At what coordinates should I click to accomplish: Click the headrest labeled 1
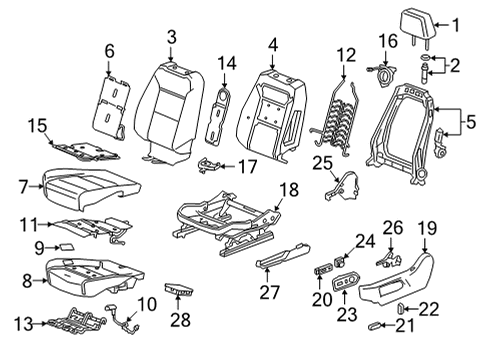point(417,25)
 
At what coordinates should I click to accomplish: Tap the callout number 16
point(388,41)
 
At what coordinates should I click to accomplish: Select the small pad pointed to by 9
point(67,247)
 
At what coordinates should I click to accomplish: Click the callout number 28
point(180,319)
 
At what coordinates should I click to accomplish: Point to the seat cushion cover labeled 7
point(90,189)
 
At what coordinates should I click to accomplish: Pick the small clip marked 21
point(374,326)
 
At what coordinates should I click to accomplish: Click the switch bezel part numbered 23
point(346,282)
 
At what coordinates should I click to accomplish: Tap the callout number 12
point(346,55)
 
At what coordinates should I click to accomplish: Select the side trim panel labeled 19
point(397,280)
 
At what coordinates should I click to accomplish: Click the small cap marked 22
point(401,309)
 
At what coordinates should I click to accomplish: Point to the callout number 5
point(471,122)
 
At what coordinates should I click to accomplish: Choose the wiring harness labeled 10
point(122,319)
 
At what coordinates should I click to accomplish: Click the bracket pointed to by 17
point(209,165)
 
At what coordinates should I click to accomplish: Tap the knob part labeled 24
point(339,261)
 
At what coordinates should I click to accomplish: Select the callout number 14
point(227,63)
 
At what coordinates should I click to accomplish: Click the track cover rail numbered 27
point(283,256)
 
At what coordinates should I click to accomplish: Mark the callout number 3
point(171,38)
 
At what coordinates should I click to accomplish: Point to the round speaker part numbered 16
point(384,76)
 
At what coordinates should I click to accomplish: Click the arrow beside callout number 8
point(41,281)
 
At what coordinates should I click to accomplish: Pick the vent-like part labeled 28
point(179,289)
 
